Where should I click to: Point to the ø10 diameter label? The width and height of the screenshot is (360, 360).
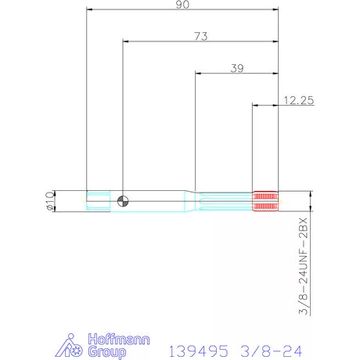pos(49,201)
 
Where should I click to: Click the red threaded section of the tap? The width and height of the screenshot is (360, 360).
pos(265,201)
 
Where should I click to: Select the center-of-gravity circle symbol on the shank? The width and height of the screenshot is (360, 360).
pos(121,201)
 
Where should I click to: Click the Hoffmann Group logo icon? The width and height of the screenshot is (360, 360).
pos(72,345)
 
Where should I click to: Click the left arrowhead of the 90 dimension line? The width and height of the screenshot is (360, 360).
pos(89,11)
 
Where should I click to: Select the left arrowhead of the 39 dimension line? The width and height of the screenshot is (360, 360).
pos(197,74)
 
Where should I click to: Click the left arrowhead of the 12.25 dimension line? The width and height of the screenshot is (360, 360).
pos(254,105)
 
